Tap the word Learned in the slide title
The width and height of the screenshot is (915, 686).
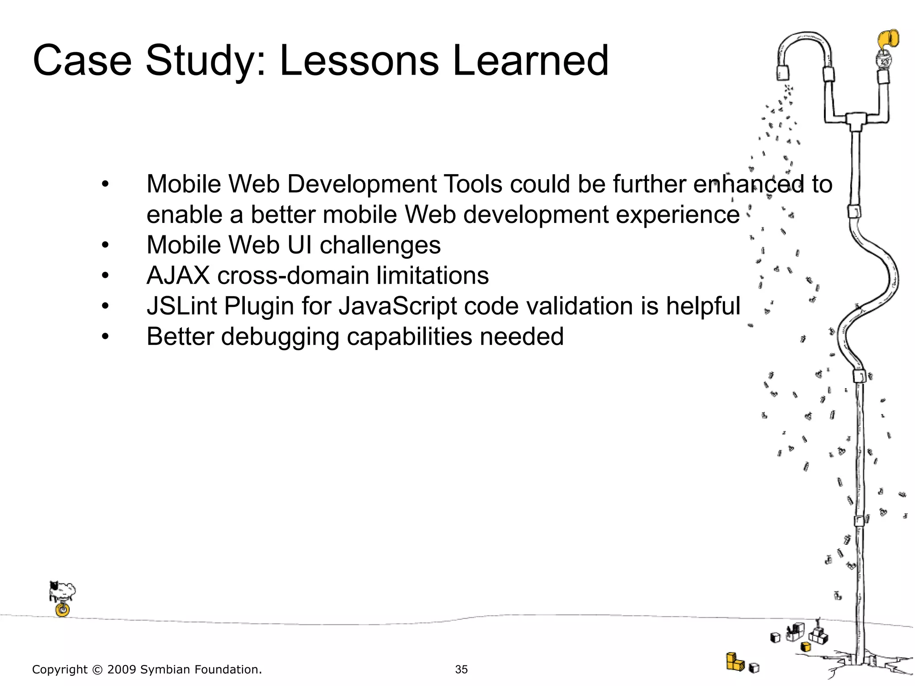[530, 61]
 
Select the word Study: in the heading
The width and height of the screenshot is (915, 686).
[206, 62]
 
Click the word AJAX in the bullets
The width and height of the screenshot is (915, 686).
[178, 276]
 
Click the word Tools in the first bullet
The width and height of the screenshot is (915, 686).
[474, 184]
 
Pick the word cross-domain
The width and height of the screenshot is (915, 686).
[293, 276]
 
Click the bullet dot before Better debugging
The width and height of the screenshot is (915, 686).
[105, 337]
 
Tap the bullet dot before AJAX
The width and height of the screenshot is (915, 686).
[105, 276]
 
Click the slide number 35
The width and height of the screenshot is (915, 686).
[461, 669]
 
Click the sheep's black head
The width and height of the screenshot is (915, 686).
[54, 586]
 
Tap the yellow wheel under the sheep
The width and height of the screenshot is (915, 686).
[63, 610]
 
